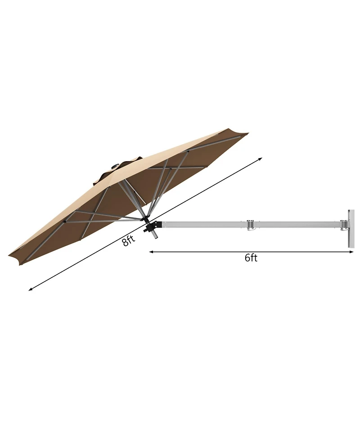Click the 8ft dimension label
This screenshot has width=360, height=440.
pyautogui.click(x=128, y=241)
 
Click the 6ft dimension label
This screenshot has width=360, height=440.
pyautogui.click(x=251, y=258)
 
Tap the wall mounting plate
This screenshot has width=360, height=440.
pyautogui.click(x=350, y=228)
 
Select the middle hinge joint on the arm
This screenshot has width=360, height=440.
pyautogui.click(x=251, y=224)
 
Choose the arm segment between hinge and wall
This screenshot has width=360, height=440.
pyautogui.click(x=297, y=223)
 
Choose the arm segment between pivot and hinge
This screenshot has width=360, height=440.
pyautogui.click(x=202, y=224)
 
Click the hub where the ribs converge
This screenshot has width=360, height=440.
pyautogui.click(x=145, y=218)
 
